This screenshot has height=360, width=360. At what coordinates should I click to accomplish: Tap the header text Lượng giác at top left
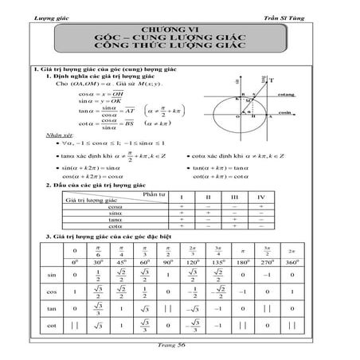coord(45,8)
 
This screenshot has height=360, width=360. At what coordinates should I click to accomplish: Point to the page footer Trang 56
coord(180,353)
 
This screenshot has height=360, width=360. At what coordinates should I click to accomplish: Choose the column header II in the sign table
coord(209,195)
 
